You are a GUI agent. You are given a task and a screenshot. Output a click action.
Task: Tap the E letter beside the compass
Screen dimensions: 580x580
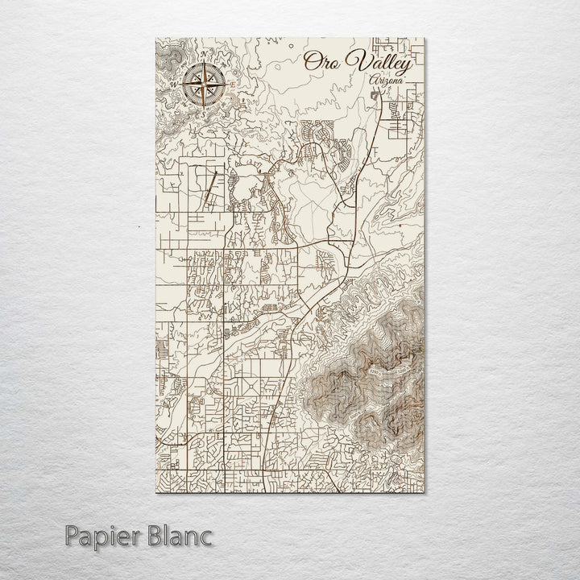pyautogui.click(x=231, y=83)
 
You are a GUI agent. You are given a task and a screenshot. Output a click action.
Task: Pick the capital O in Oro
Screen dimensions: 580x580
pyautogui.click(x=311, y=63)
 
